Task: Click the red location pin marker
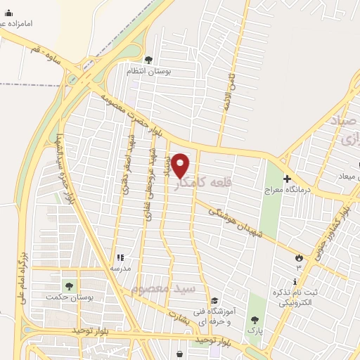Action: point(181,165)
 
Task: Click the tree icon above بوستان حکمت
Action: point(69,285)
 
